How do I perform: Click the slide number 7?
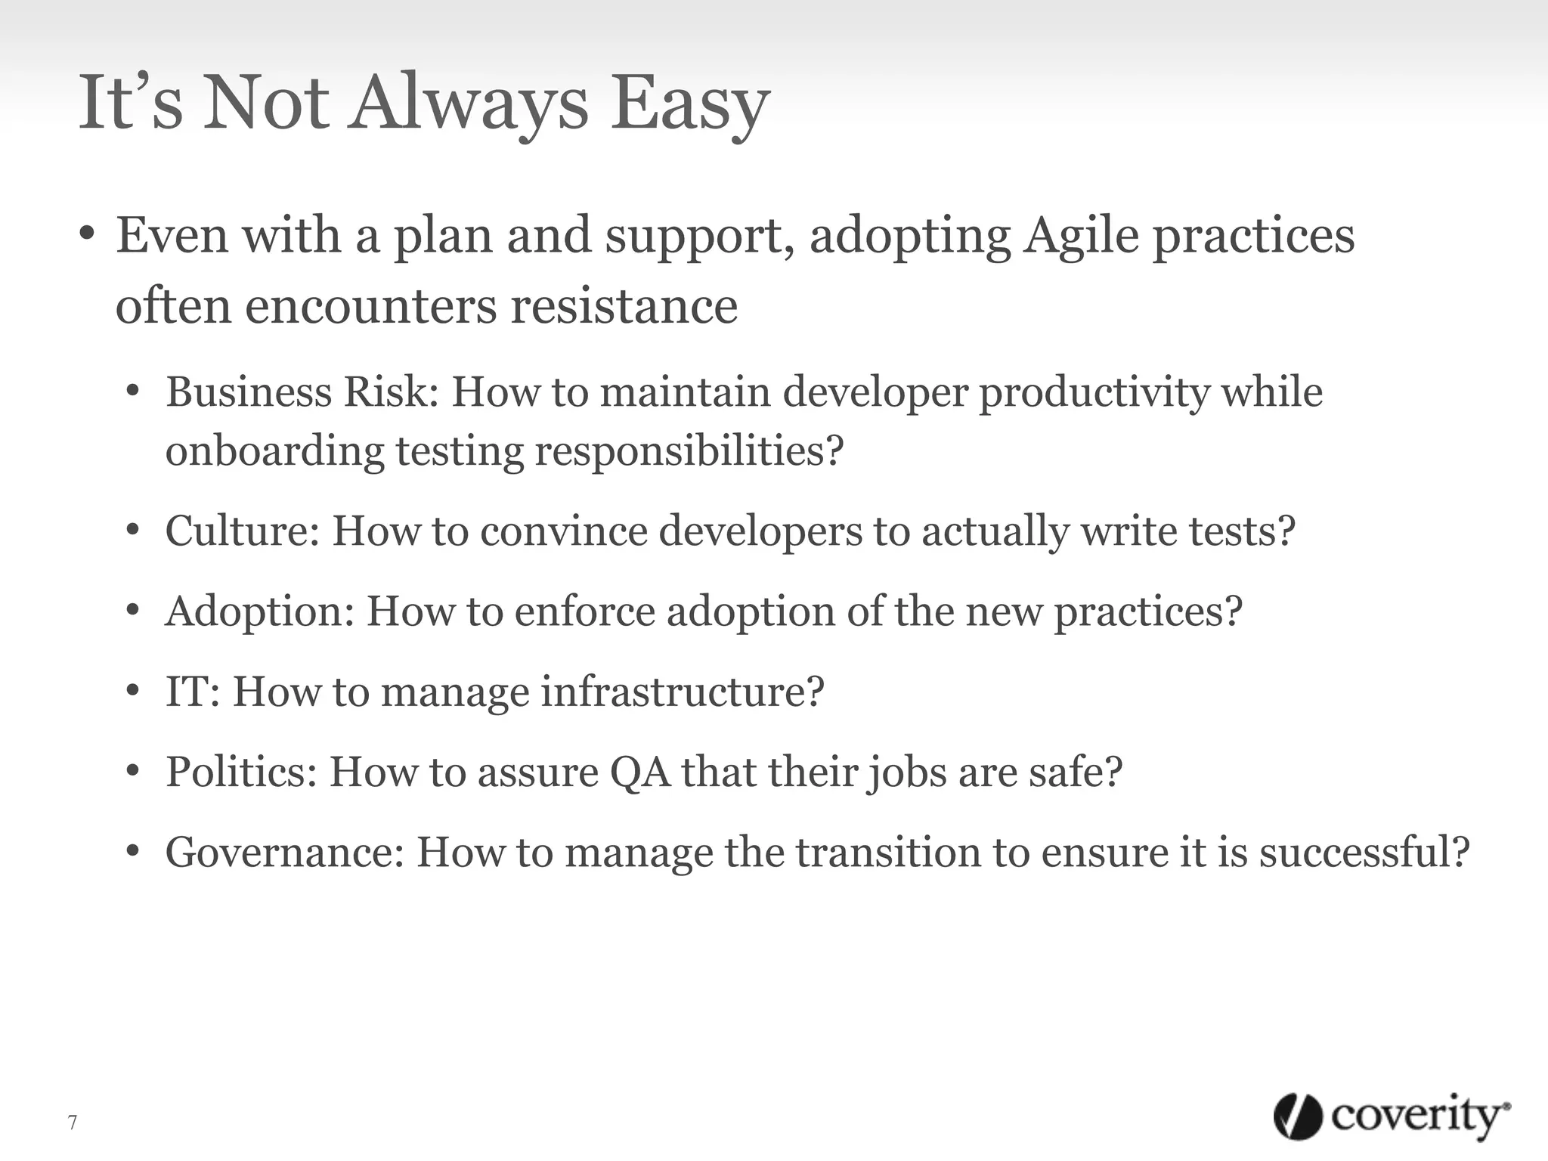(x=73, y=1122)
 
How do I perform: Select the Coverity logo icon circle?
(x=1298, y=1117)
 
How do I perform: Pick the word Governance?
(x=284, y=852)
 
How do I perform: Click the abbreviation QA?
(x=639, y=772)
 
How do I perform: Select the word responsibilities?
(x=689, y=450)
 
